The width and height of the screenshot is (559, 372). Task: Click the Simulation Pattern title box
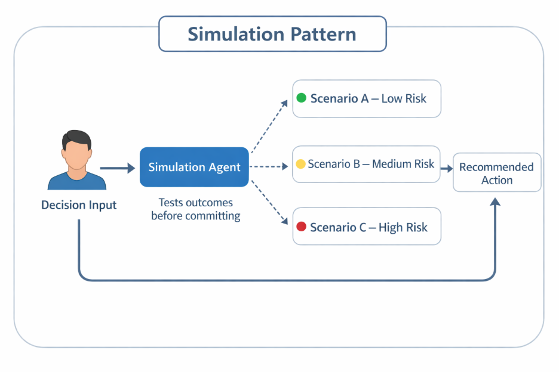point(272,34)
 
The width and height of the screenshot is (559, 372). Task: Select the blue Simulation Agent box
point(194,167)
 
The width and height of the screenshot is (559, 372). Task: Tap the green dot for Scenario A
point(302,98)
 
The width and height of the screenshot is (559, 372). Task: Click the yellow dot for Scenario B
point(300,163)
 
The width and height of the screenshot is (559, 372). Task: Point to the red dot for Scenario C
point(302,227)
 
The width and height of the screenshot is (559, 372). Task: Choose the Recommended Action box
point(497,173)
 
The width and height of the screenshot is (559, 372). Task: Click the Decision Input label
point(79,205)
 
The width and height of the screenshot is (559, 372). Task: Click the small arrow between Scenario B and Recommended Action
point(447,169)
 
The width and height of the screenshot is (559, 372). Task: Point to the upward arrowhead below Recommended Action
point(494,203)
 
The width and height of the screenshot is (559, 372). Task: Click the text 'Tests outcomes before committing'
point(196,209)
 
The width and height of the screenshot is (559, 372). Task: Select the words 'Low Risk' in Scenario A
point(404,98)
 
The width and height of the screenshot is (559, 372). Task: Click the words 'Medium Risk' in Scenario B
point(403,163)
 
